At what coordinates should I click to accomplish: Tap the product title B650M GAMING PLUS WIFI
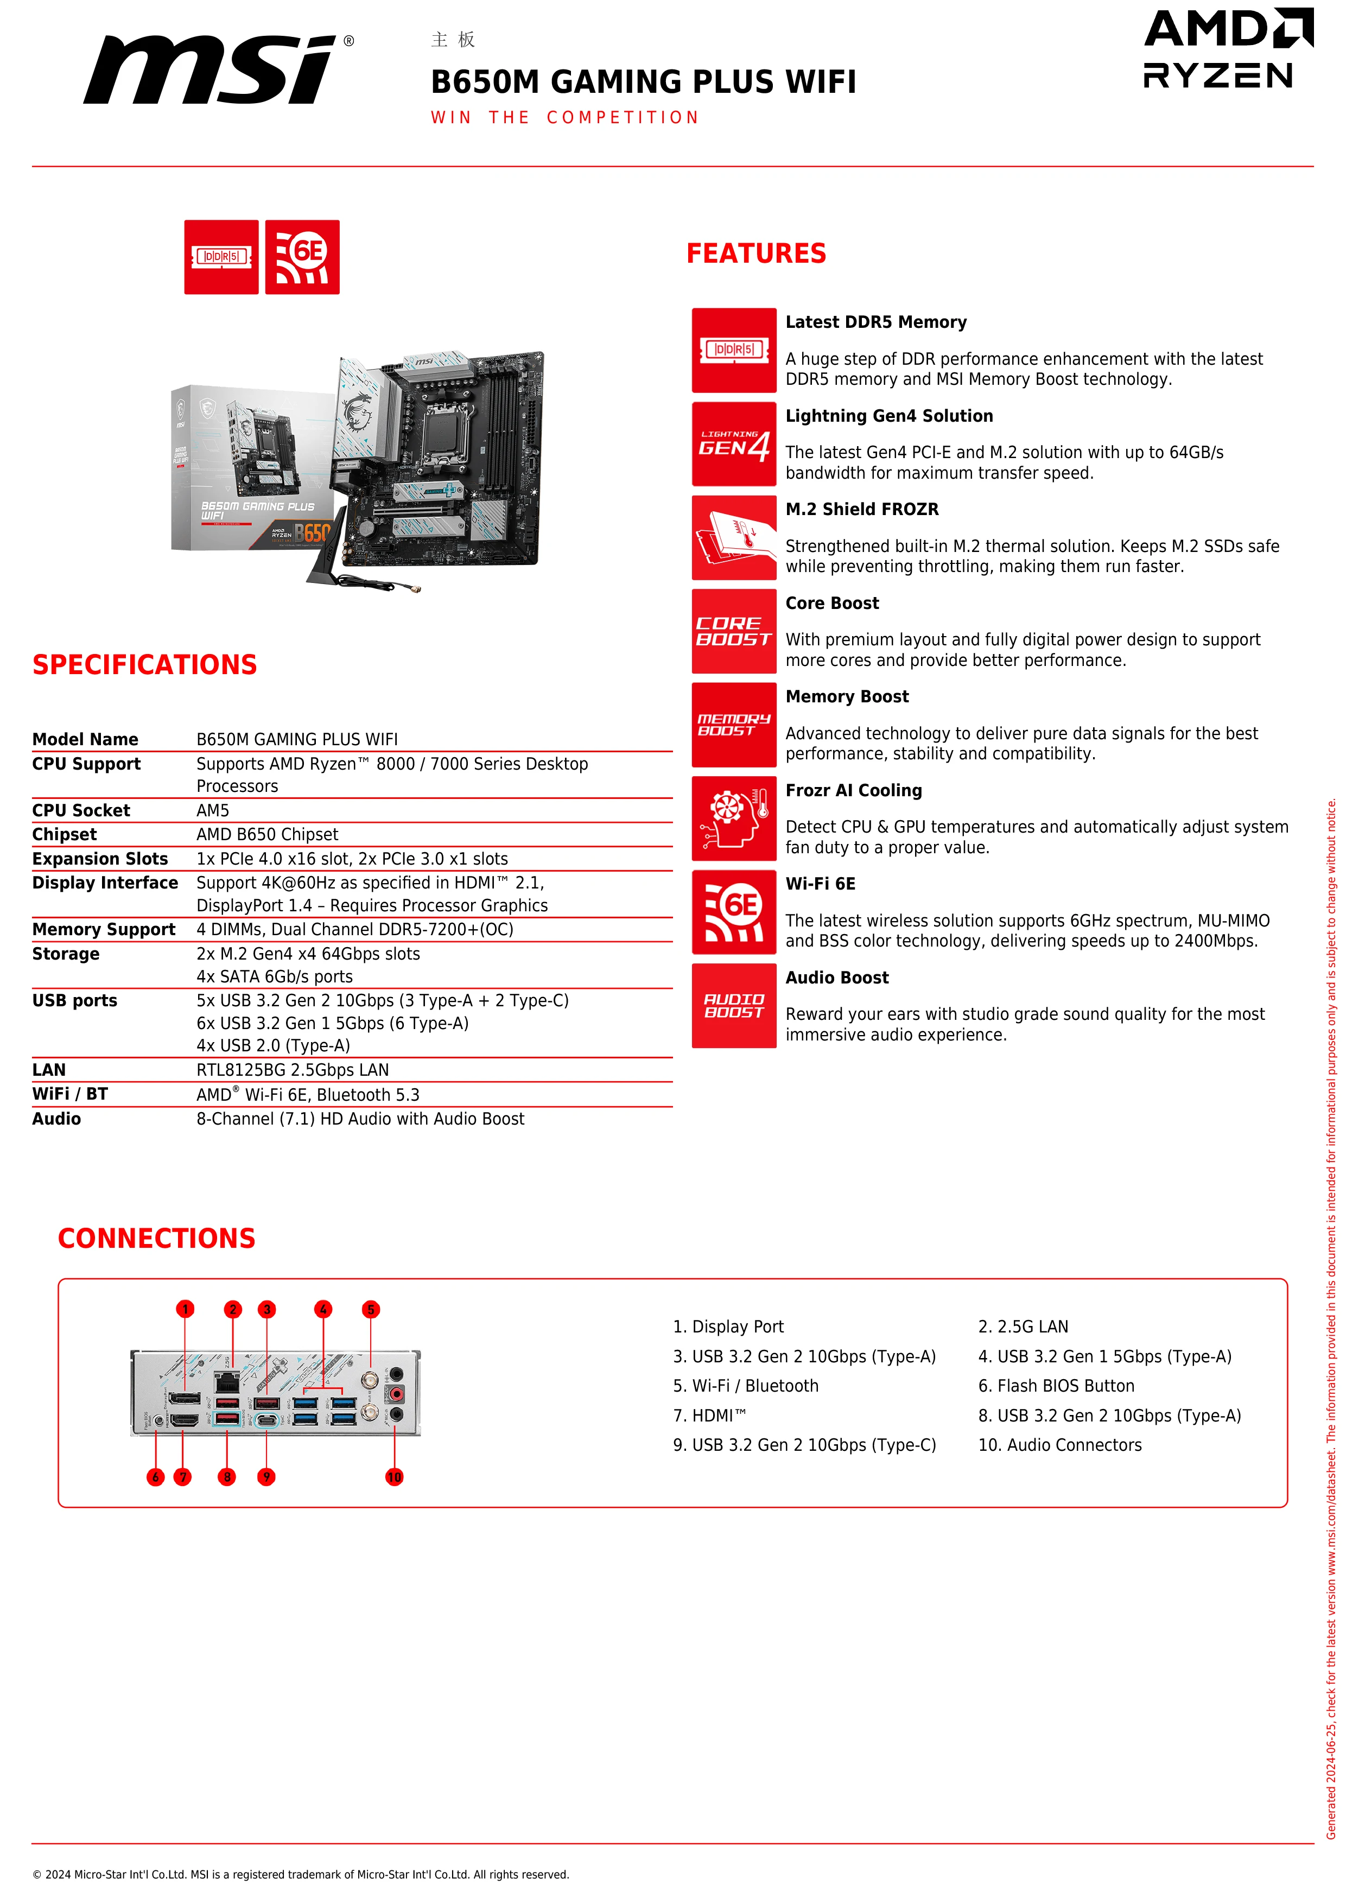click(x=643, y=82)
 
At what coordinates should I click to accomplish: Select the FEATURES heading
click(x=755, y=253)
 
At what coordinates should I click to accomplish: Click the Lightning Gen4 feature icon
click(x=733, y=445)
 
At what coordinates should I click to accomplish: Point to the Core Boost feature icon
click(x=733, y=631)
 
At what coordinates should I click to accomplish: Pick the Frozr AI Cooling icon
click(x=733, y=818)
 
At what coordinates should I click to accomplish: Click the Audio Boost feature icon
click(x=733, y=1005)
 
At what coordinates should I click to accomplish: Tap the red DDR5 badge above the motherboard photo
click(x=220, y=257)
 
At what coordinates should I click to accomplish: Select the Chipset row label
click(x=65, y=834)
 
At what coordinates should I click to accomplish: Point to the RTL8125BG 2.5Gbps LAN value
click(x=292, y=1070)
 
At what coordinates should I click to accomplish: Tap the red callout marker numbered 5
click(x=371, y=1310)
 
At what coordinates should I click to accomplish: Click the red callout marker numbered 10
click(x=394, y=1477)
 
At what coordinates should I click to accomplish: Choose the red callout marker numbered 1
click(x=185, y=1310)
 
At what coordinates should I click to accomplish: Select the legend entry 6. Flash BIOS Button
click(x=1056, y=1386)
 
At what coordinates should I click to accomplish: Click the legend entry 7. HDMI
click(x=709, y=1416)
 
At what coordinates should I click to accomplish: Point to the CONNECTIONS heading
click(x=157, y=1238)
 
